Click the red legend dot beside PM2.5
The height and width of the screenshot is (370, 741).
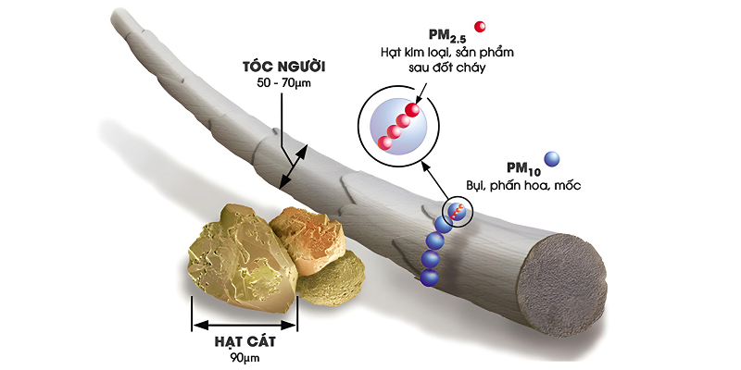[480, 26]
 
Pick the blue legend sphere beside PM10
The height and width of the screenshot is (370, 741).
[552, 159]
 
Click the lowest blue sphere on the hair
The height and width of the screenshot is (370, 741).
[429, 277]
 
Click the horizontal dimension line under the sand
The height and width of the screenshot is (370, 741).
[245, 325]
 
